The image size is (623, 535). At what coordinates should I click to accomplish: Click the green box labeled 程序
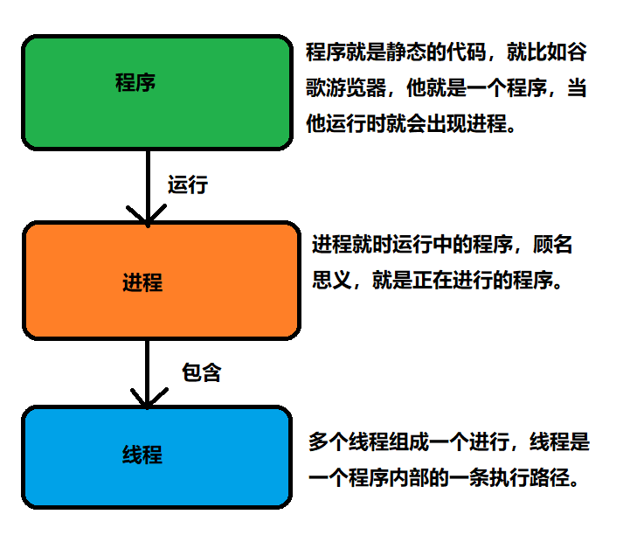point(156,93)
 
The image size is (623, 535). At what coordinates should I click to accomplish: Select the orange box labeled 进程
point(162,280)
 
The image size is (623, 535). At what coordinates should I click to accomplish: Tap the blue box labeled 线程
point(157,457)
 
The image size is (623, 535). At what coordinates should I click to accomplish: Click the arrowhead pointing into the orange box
point(147,215)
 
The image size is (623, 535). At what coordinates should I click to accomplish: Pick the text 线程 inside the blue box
point(142,455)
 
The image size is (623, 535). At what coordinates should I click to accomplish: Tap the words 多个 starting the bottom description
point(328,442)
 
